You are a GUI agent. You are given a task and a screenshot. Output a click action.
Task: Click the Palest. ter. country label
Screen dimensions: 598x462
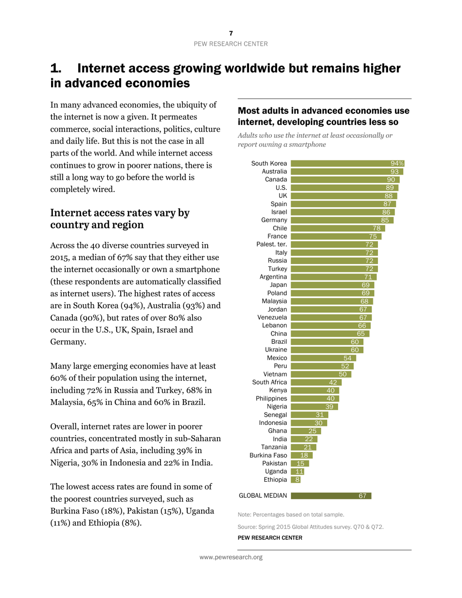click(x=271, y=245)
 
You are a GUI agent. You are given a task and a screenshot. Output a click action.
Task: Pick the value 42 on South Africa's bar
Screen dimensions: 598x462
click(x=333, y=382)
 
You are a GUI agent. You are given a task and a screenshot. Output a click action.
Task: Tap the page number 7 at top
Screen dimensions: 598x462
click(x=231, y=33)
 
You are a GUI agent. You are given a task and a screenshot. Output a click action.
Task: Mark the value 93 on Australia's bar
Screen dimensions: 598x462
click(x=395, y=171)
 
